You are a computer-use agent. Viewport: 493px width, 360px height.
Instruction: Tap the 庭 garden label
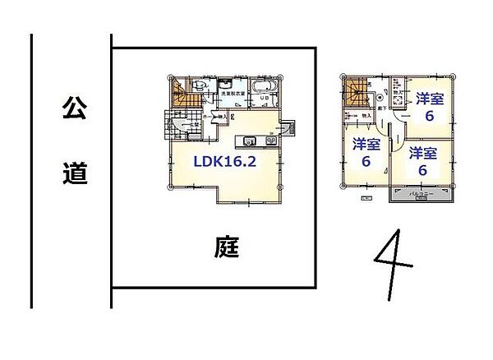[x=228, y=246]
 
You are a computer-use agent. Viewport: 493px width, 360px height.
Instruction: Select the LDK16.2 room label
[x=225, y=162]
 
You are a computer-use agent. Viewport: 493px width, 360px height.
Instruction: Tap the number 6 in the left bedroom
[x=366, y=162]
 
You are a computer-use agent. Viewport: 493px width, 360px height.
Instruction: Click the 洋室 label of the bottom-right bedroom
[x=422, y=153]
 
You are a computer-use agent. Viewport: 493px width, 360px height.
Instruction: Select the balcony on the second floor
[x=422, y=195]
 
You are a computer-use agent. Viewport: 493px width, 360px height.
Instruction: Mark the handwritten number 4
[x=395, y=262]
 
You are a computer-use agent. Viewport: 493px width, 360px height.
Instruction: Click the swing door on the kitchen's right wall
[x=288, y=128]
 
